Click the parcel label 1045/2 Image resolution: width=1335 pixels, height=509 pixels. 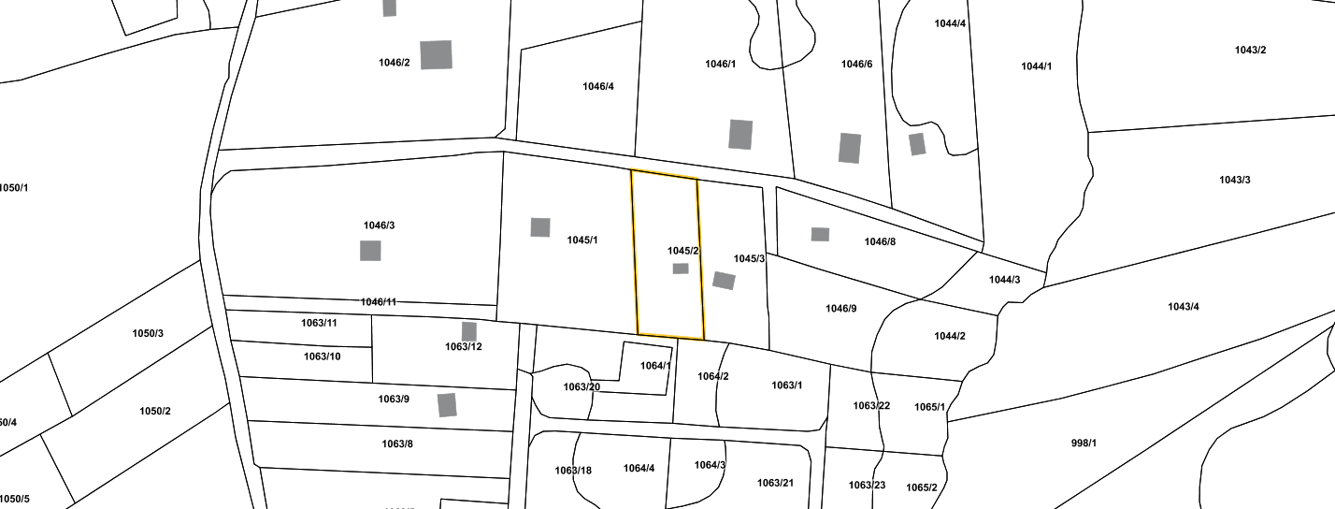pos(683,251)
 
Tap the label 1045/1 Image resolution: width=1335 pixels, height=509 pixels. pos(582,240)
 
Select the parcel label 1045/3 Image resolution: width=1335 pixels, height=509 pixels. pos(749,258)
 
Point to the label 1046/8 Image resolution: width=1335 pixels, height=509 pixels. pos(880,241)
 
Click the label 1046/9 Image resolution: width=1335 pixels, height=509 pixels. pos(840,309)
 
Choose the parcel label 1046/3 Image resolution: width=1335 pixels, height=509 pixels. pos(379,225)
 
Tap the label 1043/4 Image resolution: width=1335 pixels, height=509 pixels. pos(1184,307)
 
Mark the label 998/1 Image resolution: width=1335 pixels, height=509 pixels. pos(1084,443)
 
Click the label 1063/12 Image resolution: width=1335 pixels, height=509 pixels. pos(463,347)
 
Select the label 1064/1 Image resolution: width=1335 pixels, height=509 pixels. pos(655,366)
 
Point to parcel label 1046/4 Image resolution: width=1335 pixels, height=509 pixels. pos(597,86)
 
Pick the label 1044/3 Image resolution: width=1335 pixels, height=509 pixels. pos(1004,280)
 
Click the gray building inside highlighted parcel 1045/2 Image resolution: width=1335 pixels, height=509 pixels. pos(681,269)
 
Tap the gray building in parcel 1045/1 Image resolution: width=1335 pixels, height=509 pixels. pos(540,227)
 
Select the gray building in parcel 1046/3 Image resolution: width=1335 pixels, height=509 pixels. pos(370,251)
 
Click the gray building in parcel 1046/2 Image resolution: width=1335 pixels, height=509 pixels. pos(436,55)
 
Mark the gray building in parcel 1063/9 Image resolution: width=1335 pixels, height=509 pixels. pos(447,405)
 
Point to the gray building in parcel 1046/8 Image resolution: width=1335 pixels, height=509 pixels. pos(820,234)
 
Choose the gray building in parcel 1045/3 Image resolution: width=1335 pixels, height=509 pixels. pos(724,281)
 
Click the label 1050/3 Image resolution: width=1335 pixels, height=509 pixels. pos(148,333)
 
